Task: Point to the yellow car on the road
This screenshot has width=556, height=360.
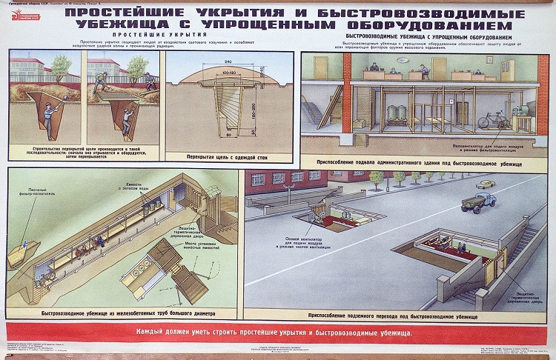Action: (x=486, y=183)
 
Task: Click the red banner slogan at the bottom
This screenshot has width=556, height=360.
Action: (x=277, y=330)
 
